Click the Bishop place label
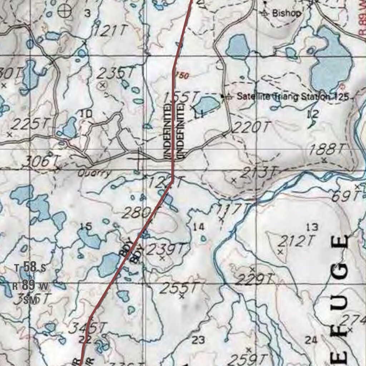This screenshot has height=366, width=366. pos(286,14)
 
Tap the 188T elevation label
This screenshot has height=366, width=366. pos(328,149)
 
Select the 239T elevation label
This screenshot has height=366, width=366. pos(167,249)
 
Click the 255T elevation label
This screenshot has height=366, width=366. pos(178,288)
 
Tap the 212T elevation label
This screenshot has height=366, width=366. pos(296,242)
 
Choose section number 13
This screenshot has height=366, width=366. pos(312,227)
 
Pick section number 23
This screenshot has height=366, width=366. pos(198,340)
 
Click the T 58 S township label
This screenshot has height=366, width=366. pos(30,267)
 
